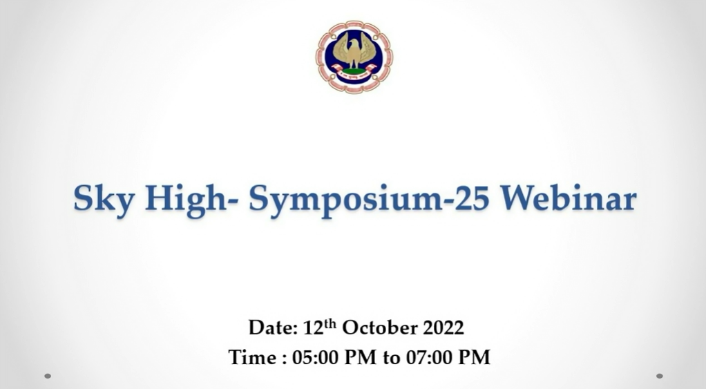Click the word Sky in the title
click(104, 199)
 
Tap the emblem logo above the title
click(354, 57)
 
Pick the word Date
click(273, 328)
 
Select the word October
click(379, 328)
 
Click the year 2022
click(443, 328)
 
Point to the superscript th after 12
click(330, 323)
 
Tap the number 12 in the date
click(314, 328)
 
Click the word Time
click(252, 357)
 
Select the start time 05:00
click(315, 357)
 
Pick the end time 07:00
click(429, 357)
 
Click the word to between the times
click(391, 359)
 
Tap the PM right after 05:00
click(361, 357)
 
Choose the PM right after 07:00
click(475, 357)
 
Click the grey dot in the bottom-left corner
click(48, 376)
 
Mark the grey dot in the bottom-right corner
click(660, 376)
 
